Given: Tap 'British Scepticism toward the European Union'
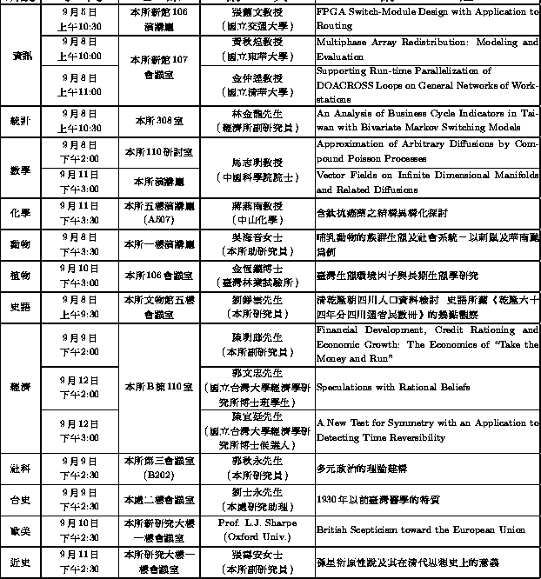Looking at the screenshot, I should [x=420, y=529].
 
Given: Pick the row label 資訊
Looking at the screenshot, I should [x=22, y=56].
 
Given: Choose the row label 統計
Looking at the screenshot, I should [x=22, y=120].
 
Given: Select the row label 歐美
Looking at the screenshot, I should [x=22, y=529].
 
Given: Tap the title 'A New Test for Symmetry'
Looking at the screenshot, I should [x=426, y=429].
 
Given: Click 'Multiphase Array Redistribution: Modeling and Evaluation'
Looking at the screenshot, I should [x=426, y=49].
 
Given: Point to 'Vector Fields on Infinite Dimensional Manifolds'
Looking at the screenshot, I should [x=426, y=182].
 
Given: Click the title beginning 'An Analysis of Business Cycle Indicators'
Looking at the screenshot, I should [x=426, y=120].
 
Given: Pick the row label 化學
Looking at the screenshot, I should [x=22, y=213].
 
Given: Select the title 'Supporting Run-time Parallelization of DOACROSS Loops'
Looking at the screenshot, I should [x=426, y=84].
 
